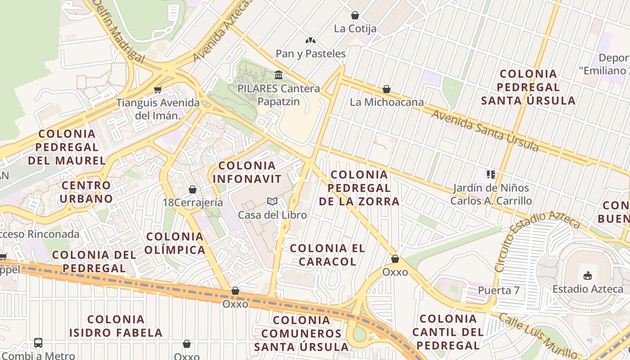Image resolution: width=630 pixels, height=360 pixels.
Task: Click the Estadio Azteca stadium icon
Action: (587, 275)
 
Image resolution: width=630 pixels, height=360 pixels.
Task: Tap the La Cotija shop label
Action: (355, 29)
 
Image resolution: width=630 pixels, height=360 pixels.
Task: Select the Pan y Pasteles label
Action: (310, 54)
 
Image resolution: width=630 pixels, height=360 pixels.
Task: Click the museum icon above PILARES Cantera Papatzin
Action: (279, 74)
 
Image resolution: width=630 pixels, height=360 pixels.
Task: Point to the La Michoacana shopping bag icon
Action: (386, 89)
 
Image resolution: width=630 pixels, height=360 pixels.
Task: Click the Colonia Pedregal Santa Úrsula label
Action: (528, 87)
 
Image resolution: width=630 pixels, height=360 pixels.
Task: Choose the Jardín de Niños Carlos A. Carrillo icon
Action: (490, 174)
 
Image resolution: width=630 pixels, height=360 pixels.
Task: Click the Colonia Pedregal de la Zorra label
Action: (359, 188)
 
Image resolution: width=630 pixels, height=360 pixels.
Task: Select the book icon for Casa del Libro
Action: (272, 201)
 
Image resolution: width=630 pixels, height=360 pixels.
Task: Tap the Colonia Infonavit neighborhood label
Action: (247, 172)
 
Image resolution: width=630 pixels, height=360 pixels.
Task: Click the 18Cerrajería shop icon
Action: (193, 189)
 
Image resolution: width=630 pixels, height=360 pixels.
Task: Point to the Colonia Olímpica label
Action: (175, 243)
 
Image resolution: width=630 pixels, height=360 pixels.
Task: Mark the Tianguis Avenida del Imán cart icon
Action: (157, 89)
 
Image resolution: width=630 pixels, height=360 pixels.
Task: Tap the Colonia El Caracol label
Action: (327, 255)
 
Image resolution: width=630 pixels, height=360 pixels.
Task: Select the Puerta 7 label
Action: (499, 291)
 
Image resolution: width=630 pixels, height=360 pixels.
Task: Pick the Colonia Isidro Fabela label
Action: (116, 326)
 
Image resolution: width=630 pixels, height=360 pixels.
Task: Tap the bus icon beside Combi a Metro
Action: (38, 343)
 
